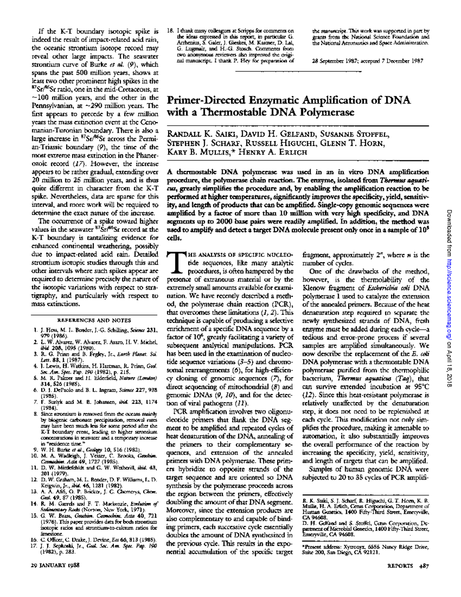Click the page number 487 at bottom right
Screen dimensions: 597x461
click(424, 565)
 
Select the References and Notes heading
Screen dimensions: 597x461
click(94, 320)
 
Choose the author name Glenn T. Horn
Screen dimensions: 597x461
click(358, 143)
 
